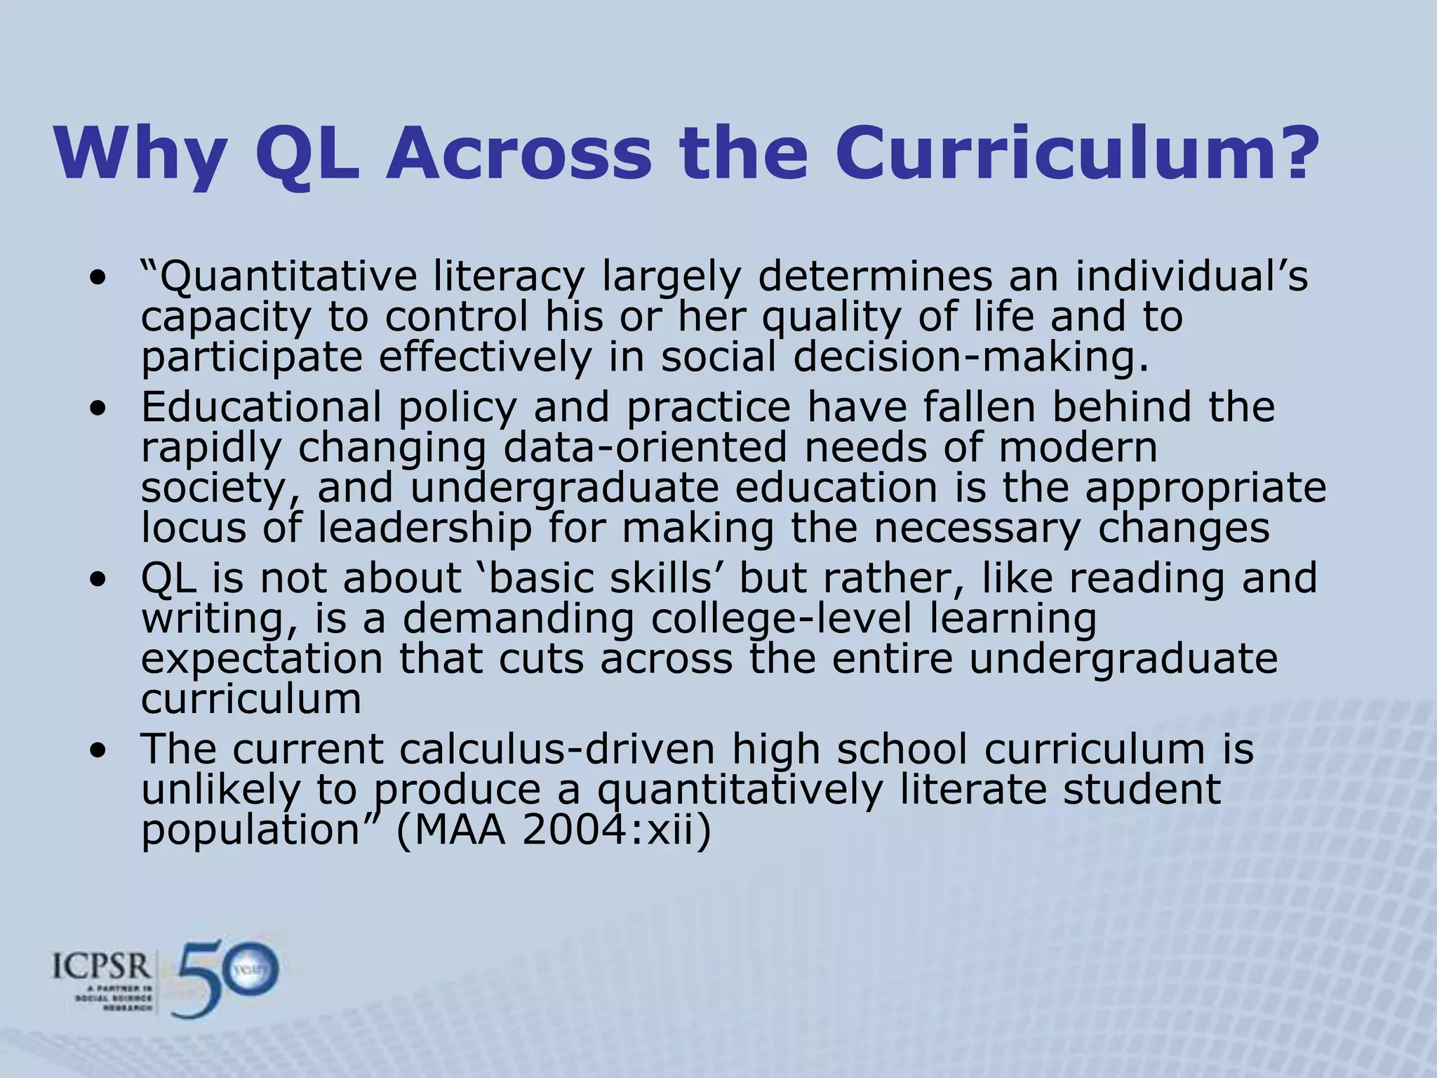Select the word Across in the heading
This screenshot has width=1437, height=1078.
pyautogui.click(x=519, y=153)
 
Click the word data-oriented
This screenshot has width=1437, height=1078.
pyautogui.click(x=646, y=447)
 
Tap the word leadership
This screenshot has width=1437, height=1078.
pyautogui.click(x=425, y=528)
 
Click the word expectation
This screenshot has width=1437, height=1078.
pyautogui.click(x=262, y=660)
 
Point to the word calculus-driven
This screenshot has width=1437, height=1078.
pyautogui.click(x=558, y=749)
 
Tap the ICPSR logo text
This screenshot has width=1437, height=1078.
pyautogui.click(x=102, y=968)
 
